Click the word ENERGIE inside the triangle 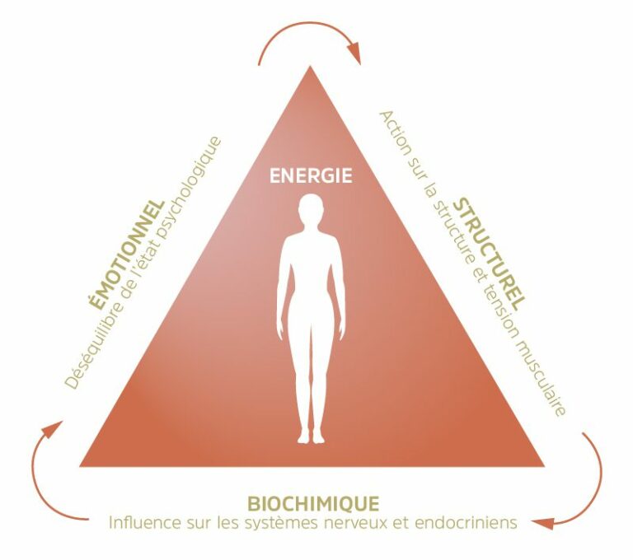tap(311, 176)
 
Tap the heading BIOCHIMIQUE tap(313, 504)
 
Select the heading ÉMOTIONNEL tap(126, 254)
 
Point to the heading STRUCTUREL tap(490, 254)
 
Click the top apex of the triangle tap(310, 66)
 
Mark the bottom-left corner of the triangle tap(79, 467)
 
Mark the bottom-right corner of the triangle tap(545, 466)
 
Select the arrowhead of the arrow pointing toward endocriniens tap(542, 523)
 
